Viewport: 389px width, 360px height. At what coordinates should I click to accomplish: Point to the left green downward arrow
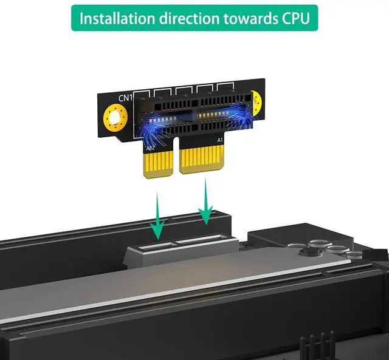158,216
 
